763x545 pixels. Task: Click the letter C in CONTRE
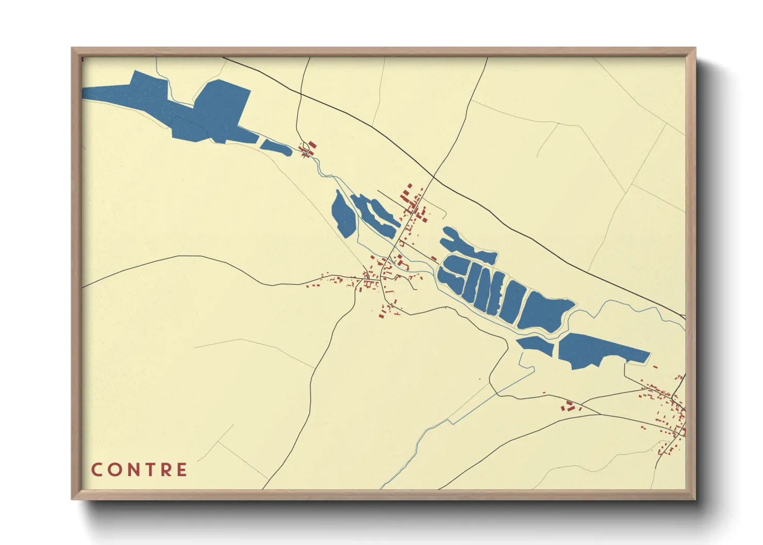[96, 470]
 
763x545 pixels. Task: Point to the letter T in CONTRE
[148, 470]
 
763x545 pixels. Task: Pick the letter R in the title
[165, 470]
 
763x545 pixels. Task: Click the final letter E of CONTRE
[181, 470]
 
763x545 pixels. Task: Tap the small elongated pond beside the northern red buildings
[276, 146]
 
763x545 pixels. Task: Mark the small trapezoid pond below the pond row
[536, 345]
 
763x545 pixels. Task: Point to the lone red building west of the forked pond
[434, 258]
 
